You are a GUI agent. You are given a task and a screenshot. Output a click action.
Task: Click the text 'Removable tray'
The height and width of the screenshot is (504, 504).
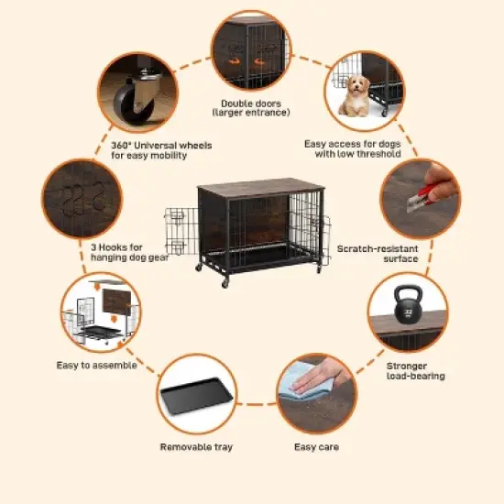pyautogui.click(x=195, y=447)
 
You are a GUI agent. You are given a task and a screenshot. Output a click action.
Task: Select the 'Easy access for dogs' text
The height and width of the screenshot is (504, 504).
pyautogui.click(x=353, y=144)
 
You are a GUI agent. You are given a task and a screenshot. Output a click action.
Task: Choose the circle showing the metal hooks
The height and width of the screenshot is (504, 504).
pyautogui.click(x=81, y=199)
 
